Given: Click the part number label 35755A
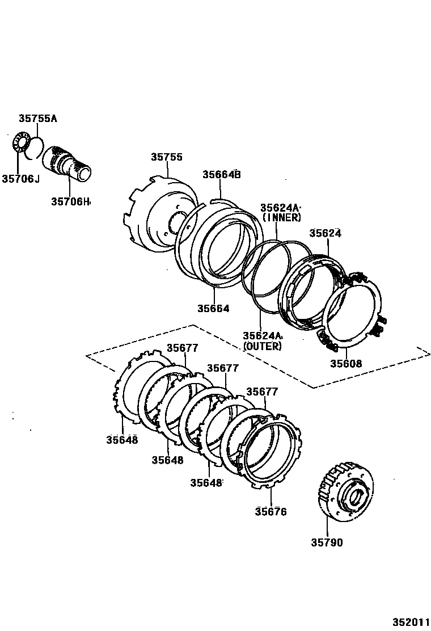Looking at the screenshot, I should coord(38,119).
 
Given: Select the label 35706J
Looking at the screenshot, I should coord(20,179).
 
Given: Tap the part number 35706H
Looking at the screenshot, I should coord(70,201).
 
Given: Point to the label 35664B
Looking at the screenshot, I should coord(222,175).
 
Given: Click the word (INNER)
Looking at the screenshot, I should coord(281,217).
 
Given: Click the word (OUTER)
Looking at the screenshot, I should coord(262,346).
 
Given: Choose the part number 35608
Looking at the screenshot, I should coord(346,364).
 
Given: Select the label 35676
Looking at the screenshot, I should coord(271,512).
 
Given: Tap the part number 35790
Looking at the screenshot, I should coord(327,542).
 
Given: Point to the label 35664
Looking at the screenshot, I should coord(213,309).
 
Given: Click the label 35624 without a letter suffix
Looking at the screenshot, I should coord(326,233).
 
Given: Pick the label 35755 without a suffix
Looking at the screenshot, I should coord(167,157).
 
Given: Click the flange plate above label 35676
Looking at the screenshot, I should coord(271,451).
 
